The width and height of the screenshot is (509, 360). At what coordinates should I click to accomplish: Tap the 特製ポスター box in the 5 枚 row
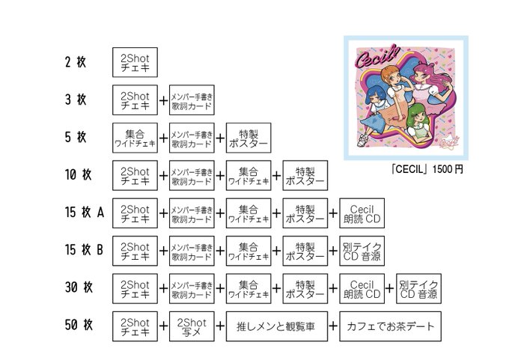pyautogui.click(x=247, y=138)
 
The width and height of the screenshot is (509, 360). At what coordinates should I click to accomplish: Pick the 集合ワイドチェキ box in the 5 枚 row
pyautogui.click(x=135, y=138)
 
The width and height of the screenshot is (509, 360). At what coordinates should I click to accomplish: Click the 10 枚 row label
pyautogui.click(x=77, y=175)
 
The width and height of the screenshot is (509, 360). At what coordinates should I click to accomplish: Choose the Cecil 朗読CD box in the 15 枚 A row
pyautogui.click(x=362, y=213)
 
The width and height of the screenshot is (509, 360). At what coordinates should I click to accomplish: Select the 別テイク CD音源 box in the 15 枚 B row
pyautogui.click(x=362, y=251)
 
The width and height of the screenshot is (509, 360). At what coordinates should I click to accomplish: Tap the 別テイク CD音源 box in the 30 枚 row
pyautogui.click(x=418, y=288)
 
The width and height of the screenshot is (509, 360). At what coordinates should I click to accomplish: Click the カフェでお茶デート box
pyautogui.click(x=391, y=326)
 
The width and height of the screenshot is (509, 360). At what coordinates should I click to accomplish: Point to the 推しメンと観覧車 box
pyautogui.click(x=277, y=326)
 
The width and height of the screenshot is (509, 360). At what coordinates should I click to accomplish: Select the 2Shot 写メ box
pyautogui.click(x=191, y=326)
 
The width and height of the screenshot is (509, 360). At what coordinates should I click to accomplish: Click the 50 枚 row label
pyautogui.click(x=78, y=326)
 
